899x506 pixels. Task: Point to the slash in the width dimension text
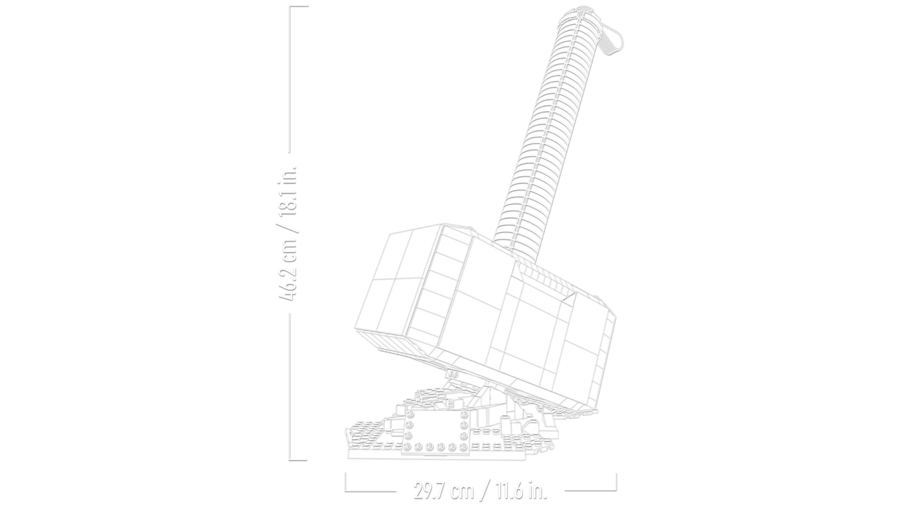pyautogui.click(x=483, y=490)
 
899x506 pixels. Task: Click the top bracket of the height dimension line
pyautogui.click(x=297, y=7)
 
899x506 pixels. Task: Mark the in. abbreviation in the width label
pyautogui.click(x=536, y=490)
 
